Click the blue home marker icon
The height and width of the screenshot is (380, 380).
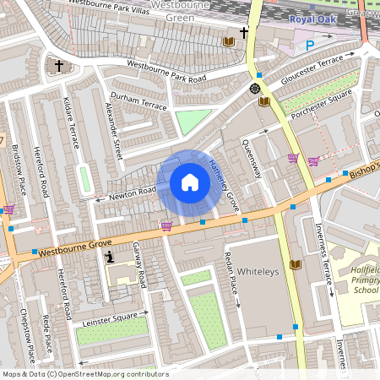click(190, 182)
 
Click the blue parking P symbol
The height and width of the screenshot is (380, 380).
click(309, 46)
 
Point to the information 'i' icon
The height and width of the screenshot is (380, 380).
click(108, 257)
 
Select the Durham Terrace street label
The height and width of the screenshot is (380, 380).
click(138, 102)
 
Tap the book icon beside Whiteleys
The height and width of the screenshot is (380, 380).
click(295, 265)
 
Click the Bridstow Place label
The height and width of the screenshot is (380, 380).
click(19, 169)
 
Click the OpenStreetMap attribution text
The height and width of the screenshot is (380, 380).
click(84, 373)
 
